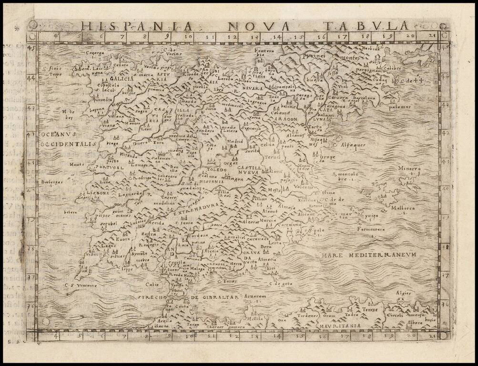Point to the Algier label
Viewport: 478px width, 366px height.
coord(403,293)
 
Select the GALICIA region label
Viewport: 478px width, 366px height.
coord(121,79)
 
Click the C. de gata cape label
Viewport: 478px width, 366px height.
coord(280,284)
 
